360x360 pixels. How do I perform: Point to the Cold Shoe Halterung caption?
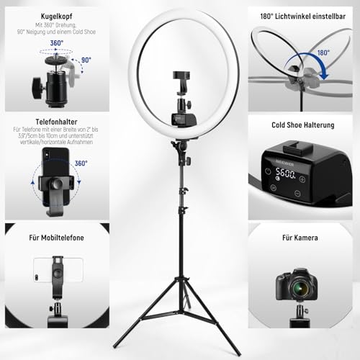tap(302, 125)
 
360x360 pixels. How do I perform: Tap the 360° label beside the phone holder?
tap(81, 163)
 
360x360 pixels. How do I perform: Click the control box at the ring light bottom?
tap(180, 118)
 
